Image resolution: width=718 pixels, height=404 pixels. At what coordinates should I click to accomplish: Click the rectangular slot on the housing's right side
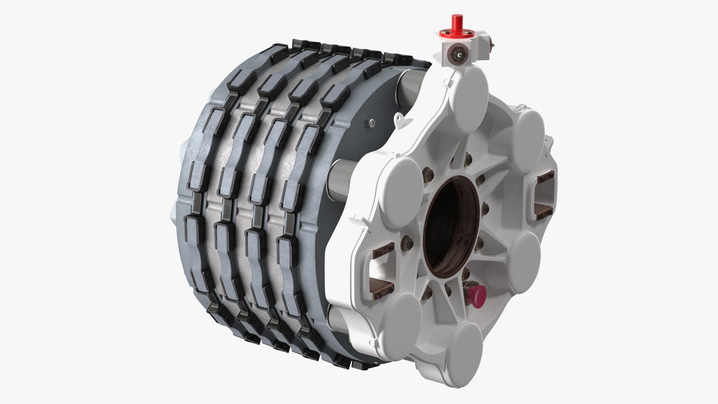(x=545, y=198)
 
